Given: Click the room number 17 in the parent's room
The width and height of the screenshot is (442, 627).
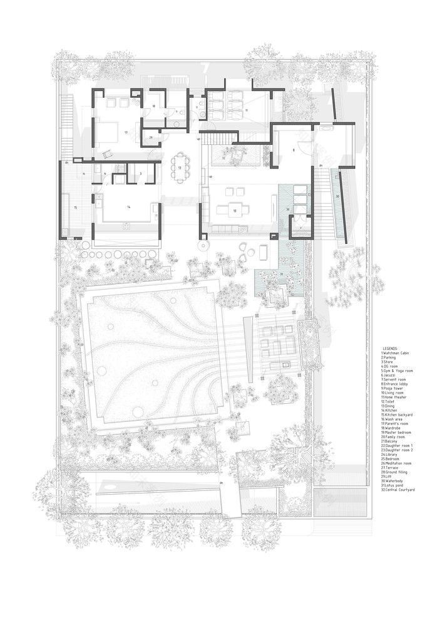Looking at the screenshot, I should (x=126, y=133).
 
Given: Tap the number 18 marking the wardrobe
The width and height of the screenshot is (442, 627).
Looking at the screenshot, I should (x=153, y=107).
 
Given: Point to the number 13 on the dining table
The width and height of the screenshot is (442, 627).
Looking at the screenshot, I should (x=179, y=168).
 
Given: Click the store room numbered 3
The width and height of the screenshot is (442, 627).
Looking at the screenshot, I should (x=140, y=174).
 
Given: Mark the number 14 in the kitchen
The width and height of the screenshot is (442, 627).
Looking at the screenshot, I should (x=129, y=206).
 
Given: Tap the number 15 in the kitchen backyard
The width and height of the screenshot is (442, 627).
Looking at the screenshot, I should (x=75, y=207).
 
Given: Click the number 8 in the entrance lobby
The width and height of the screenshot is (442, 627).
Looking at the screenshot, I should (x=292, y=150).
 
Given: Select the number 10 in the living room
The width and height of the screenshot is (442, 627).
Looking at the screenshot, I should (x=235, y=211).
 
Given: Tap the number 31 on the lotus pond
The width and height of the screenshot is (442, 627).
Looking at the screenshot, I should (x=282, y=274).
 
